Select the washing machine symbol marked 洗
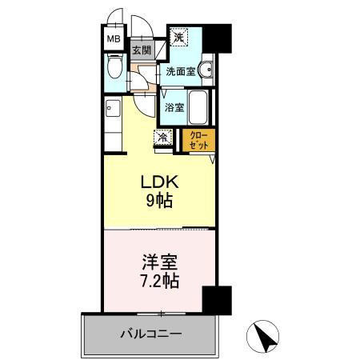pos(178,38)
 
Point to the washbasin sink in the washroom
pos(207,70)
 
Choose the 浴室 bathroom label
pos(174,106)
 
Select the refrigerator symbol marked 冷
pos(163,138)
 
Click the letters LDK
pos(158,181)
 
